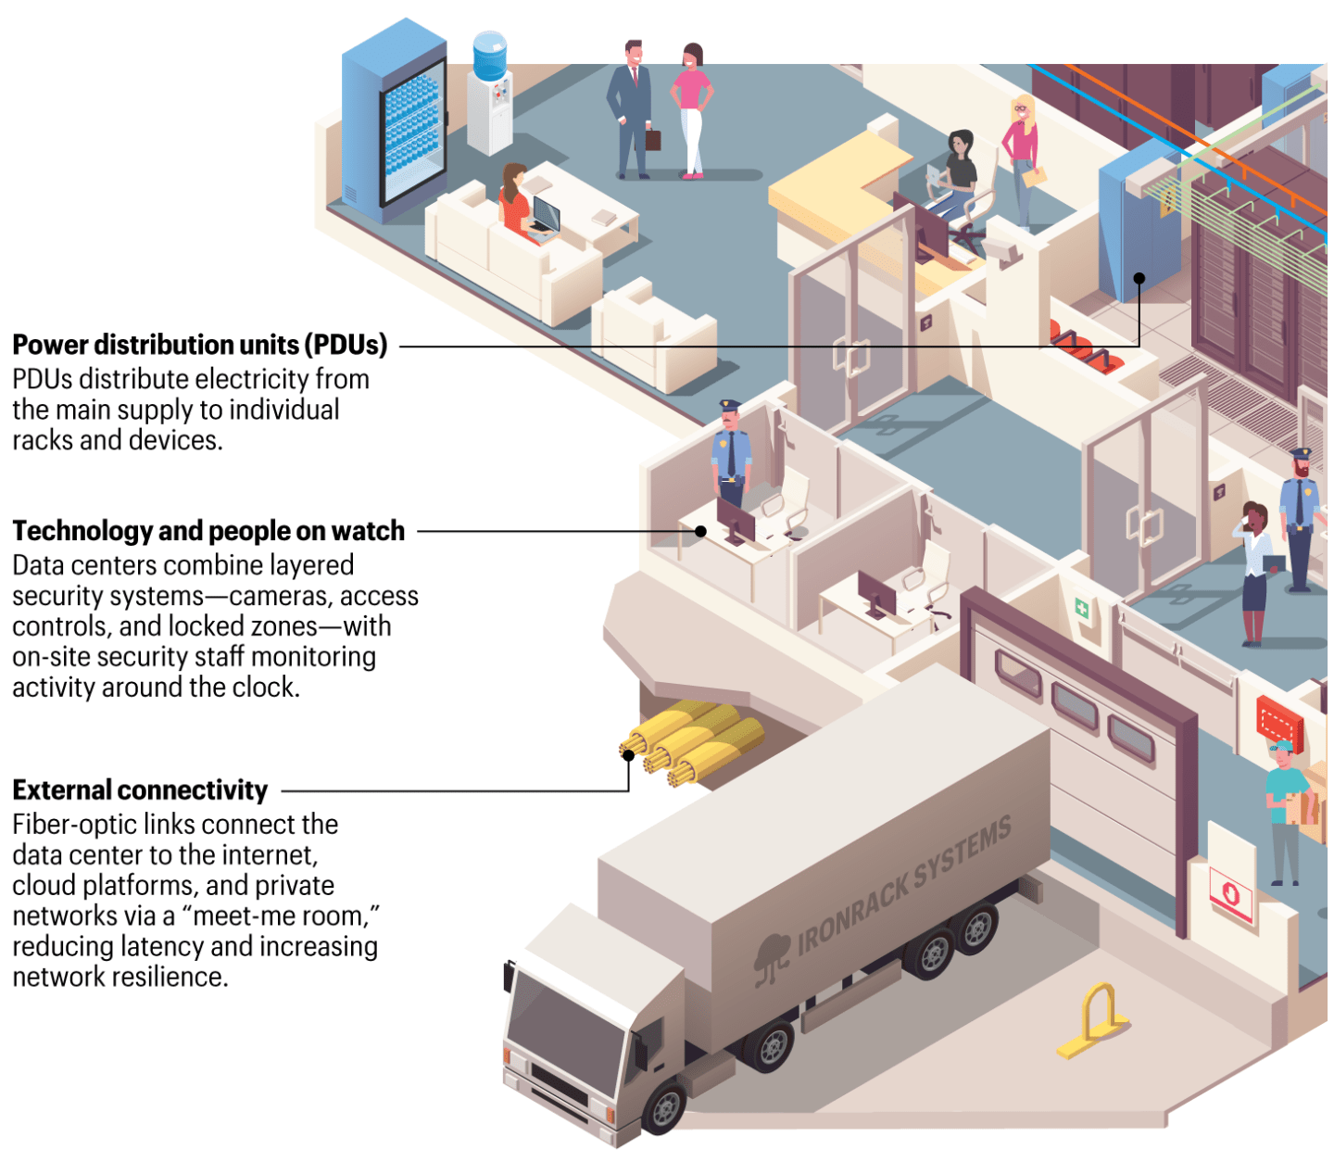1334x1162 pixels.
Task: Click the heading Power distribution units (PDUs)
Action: click(199, 345)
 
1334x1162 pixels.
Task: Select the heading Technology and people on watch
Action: click(208, 531)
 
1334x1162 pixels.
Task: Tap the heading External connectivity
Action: click(140, 790)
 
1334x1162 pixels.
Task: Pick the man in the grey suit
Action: click(631, 107)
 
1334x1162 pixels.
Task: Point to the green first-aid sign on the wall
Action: click(1081, 609)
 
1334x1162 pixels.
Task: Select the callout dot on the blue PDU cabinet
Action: click(1139, 278)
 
